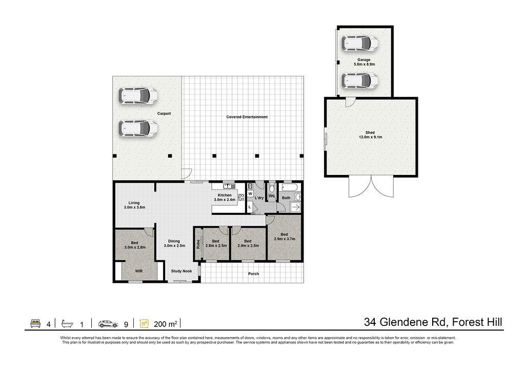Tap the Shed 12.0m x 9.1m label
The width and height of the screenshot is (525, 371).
click(370, 135)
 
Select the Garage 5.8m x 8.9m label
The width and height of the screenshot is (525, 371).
click(365, 62)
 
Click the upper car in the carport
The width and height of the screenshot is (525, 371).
click(138, 96)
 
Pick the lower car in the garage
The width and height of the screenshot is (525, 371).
click(360, 81)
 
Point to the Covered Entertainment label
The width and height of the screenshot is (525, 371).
click(247, 117)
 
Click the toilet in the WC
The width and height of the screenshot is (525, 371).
click(272, 188)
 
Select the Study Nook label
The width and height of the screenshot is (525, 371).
click(181, 271)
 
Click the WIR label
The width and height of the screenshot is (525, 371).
click(139, 271)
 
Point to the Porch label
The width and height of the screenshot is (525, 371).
click(253, 274)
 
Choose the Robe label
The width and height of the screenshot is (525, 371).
click(198, 244)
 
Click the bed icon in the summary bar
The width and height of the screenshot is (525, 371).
click(35, 323)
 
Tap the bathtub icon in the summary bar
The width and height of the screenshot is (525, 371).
click(67, 323)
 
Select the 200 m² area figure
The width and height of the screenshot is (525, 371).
click(166, 324)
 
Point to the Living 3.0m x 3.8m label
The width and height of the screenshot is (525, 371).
click(134, 205)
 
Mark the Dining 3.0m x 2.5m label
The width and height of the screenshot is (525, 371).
click(174, 243)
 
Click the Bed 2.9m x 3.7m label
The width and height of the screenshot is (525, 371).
click(284, 237)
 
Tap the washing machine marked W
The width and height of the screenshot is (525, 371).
click(250, 194)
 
